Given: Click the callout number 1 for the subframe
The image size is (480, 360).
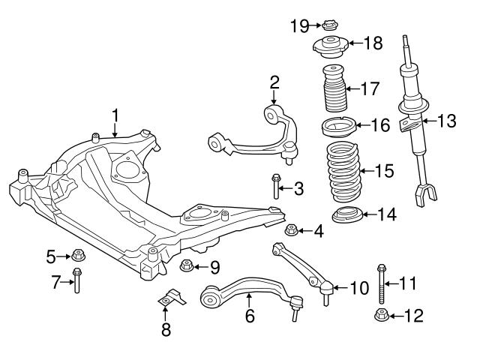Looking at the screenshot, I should [115, 115].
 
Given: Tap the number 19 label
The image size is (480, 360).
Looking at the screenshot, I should [298, 26].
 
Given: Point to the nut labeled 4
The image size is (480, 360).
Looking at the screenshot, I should [293, 229].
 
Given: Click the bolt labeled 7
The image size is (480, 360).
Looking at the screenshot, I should [76, 282].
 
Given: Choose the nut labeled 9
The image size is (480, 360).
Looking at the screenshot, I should [187, 265].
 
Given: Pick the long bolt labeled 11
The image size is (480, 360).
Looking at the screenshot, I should [382, 283].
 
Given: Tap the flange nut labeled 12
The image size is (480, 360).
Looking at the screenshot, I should [381, 315].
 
